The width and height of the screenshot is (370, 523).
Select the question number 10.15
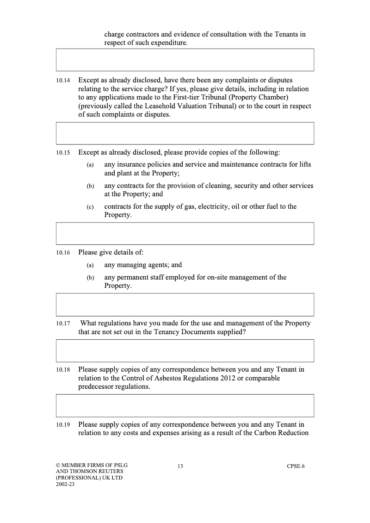click(63, 152)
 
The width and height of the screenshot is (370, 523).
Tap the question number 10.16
click(63, 253)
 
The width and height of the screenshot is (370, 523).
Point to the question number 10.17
click(63, 324)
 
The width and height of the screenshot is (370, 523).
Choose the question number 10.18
click(63, 370)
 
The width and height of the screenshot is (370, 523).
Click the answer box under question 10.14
click(185, 133)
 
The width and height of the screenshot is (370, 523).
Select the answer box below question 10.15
click(185, 233)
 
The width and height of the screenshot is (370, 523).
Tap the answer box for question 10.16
click(185, 305)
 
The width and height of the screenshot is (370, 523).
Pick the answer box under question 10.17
click(185, 350)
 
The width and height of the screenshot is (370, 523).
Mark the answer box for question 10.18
click(185, 405)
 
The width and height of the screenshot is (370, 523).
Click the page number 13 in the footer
click(180, 466)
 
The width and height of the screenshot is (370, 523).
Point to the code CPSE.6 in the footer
click(296, 466)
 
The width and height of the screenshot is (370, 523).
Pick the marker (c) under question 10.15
click(90, 207)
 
